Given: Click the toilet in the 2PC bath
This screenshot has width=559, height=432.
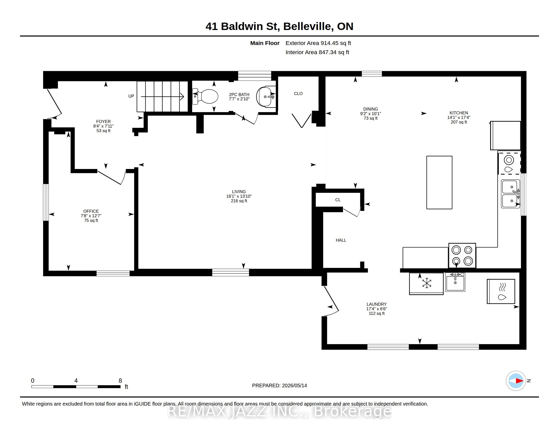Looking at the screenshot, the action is (205, 97).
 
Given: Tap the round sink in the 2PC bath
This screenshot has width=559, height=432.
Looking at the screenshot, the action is (265, 97).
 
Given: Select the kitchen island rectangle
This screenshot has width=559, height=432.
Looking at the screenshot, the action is (439, 182).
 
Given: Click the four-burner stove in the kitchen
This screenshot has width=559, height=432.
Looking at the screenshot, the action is (462, 255).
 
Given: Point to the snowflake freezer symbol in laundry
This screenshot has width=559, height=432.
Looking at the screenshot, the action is (427, 283).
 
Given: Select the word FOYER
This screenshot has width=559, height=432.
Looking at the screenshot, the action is (103, 121).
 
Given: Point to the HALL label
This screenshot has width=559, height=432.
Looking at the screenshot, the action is (341, 240).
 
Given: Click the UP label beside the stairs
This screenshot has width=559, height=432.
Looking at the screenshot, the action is (131, 96).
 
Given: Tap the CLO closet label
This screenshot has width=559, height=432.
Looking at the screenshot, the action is (298, 94).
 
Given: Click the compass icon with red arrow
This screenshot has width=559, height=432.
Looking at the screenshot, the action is (516, 381).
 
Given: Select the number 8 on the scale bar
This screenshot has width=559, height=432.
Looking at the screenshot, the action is (120, 381).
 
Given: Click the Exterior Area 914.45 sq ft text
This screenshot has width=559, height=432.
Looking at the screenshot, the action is (318, 43).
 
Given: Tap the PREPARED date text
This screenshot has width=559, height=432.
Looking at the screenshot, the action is (279, 385).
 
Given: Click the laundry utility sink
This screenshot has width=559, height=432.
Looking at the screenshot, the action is (455, 282).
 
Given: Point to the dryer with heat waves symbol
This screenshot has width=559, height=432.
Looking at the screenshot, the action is (501, 291).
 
